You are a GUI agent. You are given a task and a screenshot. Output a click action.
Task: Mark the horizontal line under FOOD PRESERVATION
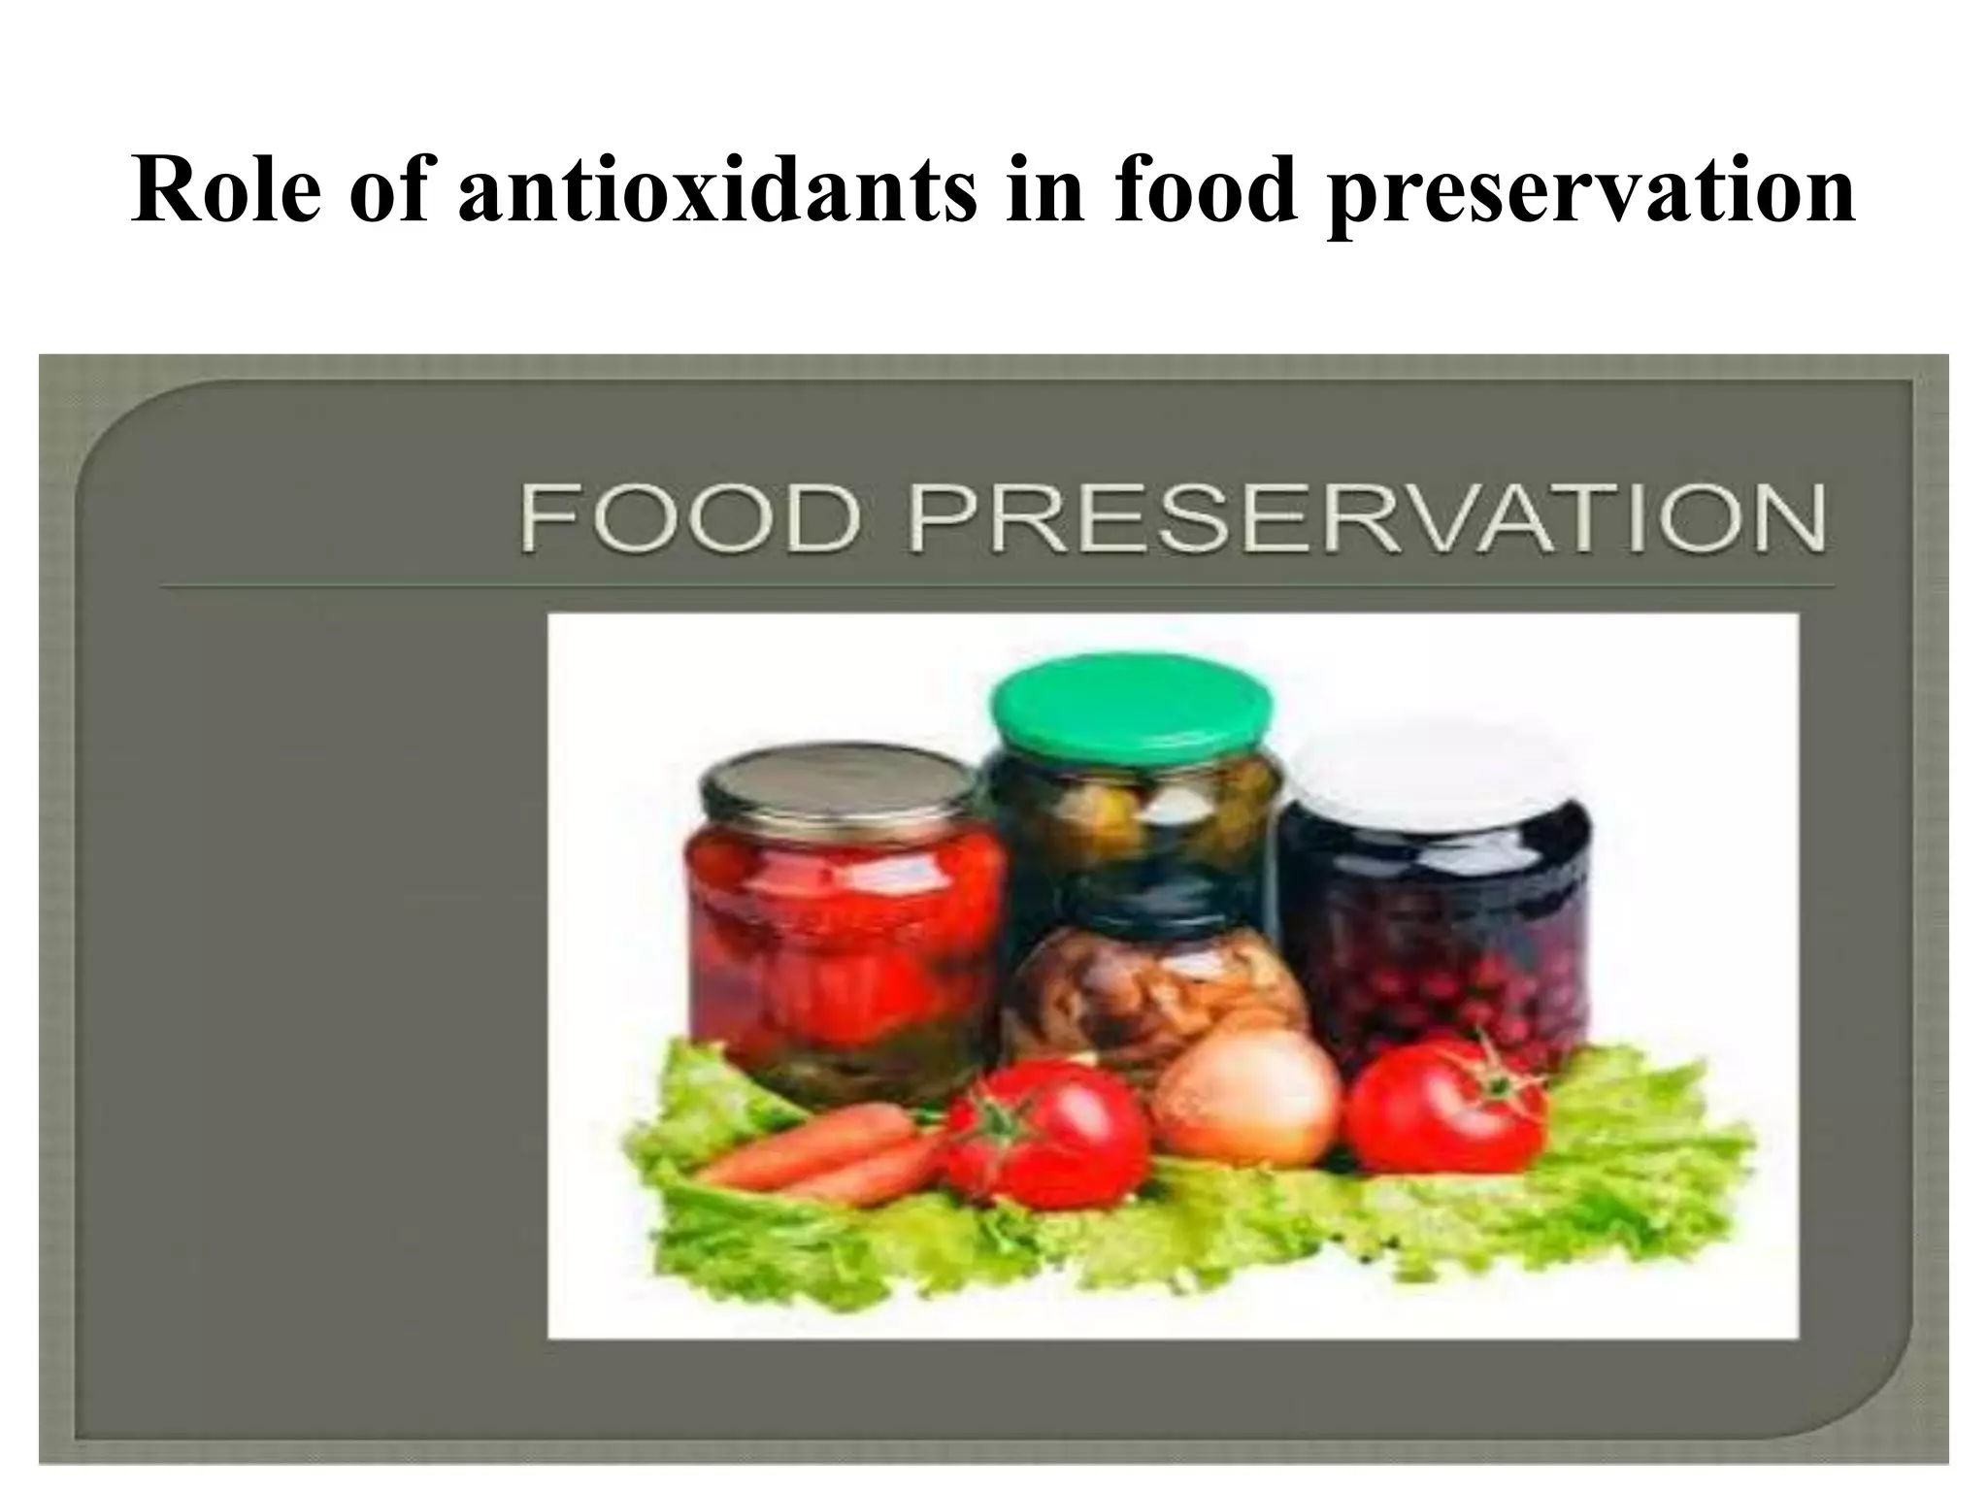click(x=996, y=586)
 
